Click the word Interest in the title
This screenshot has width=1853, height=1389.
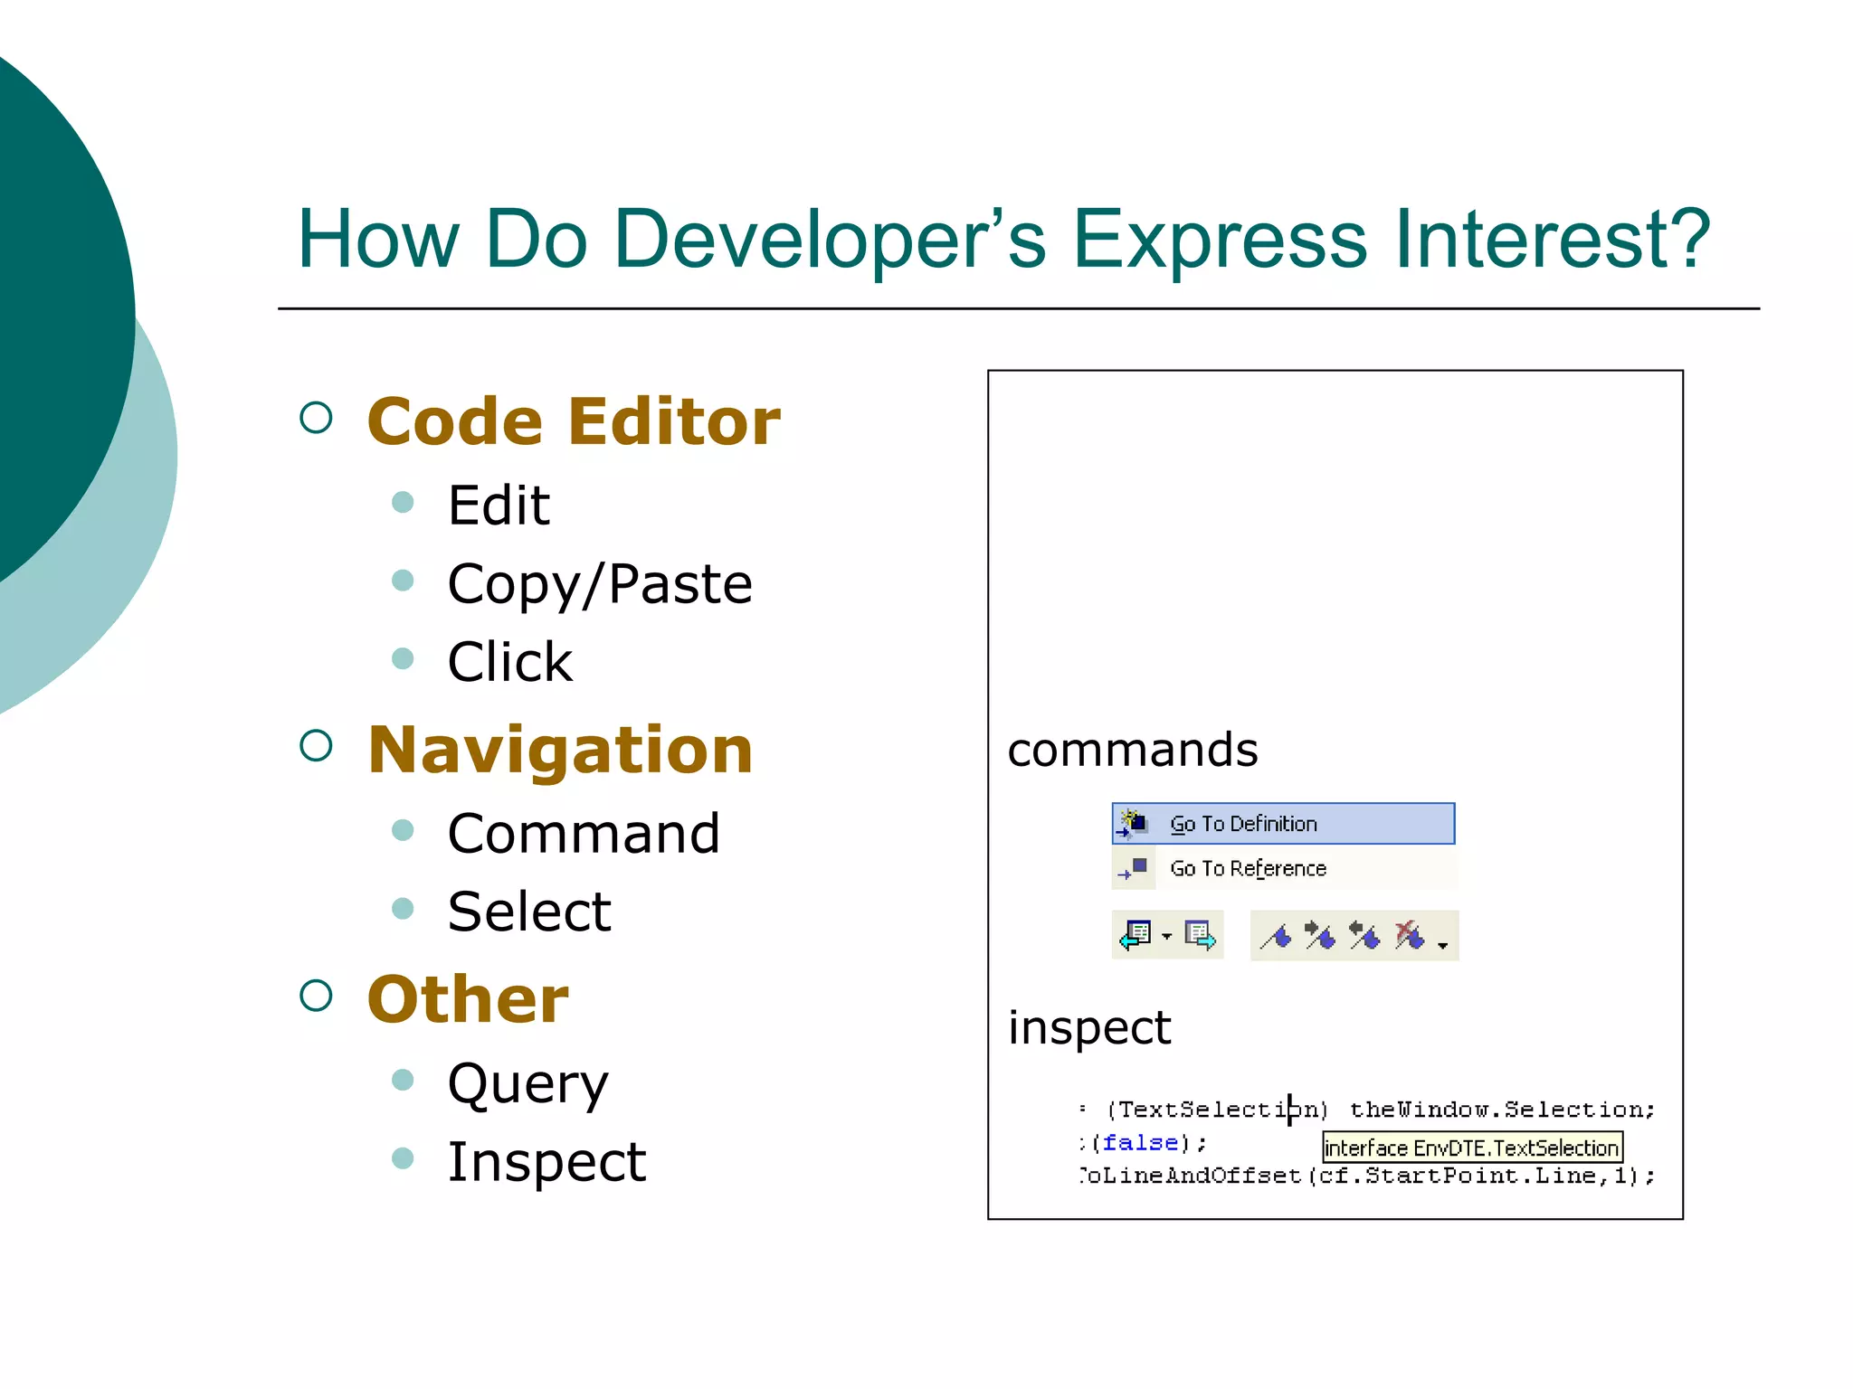pyautogui.click(x=1552, y=239)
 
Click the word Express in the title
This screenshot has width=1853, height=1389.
pyautogui.click(x=1220, y=239)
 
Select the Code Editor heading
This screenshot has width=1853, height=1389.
pyautogui.click(x=574, y=422)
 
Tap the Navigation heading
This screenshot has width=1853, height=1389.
pyautogui.click(x=560, y=751)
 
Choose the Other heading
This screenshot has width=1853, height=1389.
pyautogui.click(x=468, y=1000)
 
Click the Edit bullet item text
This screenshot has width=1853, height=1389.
pyautogui.click(x=499, y=505)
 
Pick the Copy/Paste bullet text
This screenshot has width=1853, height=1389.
pyautogui.click(x=600, y=584)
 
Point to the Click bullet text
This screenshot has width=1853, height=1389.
pyautogui.click(x=510, y=662)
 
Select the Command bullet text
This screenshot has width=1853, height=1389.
pyautogui.click(x=584, y=833)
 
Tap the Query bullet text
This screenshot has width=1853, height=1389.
pyautogui.click(x=528, y=1083)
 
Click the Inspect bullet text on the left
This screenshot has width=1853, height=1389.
pyautogui.click(x=546, y=1162)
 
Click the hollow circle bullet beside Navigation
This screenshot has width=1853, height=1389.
pyautogui.click(x=316, y=746)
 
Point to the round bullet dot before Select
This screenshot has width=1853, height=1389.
pyautogui.click(x=403, y=908)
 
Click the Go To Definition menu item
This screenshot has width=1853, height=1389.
pyautogui.click(x=1283, y=824)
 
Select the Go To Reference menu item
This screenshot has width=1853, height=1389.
pyautogui.click(x=1283, y=868)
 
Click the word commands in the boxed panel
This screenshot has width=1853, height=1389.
pyautogui.click(x=1133, y=750)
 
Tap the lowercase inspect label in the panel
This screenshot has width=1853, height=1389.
pyautogui.click(x=1089, y=1028)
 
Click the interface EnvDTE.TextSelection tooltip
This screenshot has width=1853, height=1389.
pyautogui.click(x=1471, y=1148)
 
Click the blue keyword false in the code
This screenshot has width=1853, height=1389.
pyautogui.click(x=1140, y=1143)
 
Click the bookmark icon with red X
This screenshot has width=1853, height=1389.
pyautogui.click(x=1408, y=936)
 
